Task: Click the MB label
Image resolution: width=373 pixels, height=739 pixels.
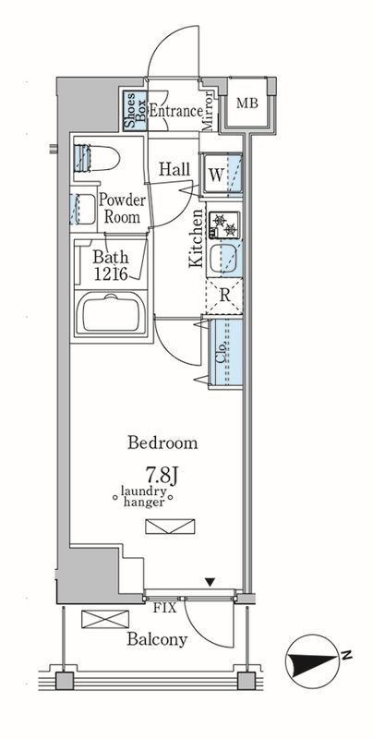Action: pyautogui.click(x=247, y=103)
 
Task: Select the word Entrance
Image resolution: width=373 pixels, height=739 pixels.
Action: pyautogui.click(x=175, y=111)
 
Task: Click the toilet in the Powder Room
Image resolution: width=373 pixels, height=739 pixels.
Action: pyautogui.click(x=96, y=158)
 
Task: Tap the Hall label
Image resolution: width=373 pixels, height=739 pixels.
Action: pyautogui.click(x=174, y=169)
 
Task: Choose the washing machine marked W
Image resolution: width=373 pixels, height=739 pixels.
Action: pyautogui.click(x=222, y=175)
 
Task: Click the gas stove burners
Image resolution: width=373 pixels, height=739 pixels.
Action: pyautogui.click(x=224, y=224)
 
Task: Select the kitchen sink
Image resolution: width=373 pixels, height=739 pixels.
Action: pyautogui.click(x=224, y=258)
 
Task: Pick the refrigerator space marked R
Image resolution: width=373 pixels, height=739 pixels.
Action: pyautogui.click(x=224, y=296)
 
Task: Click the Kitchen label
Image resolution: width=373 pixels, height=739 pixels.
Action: pyautogui.click(x=196, y=238)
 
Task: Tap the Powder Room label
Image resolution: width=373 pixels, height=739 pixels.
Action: pyautogui.click(x=122, y=209)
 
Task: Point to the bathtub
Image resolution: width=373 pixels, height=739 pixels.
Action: pyautogui.click(x=111, y=314)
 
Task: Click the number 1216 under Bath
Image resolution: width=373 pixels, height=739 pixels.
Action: pyautogui.click(x=111, y=274)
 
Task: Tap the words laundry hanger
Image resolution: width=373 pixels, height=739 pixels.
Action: pyautogui.click(x=143, y=497)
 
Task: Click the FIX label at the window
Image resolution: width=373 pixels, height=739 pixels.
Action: pyautogui.click(x=164, y=608)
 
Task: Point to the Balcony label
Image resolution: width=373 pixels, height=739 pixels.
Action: pyautogui.click(x=157, y=639)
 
